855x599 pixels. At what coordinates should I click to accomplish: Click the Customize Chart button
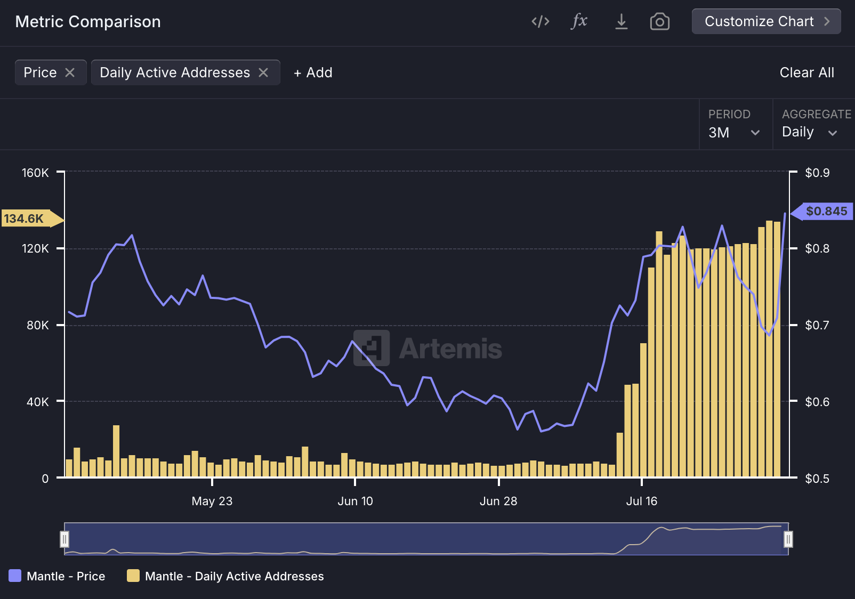[766, 21]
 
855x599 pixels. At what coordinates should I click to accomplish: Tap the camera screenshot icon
[659, 21]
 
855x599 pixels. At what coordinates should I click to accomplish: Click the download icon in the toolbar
[621, 21]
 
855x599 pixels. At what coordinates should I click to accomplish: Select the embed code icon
[540, 21]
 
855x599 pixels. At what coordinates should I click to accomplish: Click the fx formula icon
[579, 21]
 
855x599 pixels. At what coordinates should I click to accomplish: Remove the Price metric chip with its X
[70, 72]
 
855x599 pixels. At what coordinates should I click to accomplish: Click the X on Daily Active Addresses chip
[263, 72]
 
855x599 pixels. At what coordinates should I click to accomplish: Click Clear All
[806, 72]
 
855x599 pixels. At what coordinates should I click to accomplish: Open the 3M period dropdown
[733, 132]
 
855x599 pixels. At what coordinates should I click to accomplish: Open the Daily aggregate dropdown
[809, 132]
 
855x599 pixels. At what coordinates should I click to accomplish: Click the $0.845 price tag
[826, 212]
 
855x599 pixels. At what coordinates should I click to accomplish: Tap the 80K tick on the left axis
[37, 325]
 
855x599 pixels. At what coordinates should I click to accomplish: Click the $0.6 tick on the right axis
[817, 402]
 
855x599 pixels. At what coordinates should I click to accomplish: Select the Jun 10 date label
[355, 501]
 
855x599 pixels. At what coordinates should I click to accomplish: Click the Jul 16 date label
[641, 501]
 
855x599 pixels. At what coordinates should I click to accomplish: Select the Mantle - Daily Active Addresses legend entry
[225, 576]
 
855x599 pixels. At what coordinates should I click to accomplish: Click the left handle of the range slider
[64, 539]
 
